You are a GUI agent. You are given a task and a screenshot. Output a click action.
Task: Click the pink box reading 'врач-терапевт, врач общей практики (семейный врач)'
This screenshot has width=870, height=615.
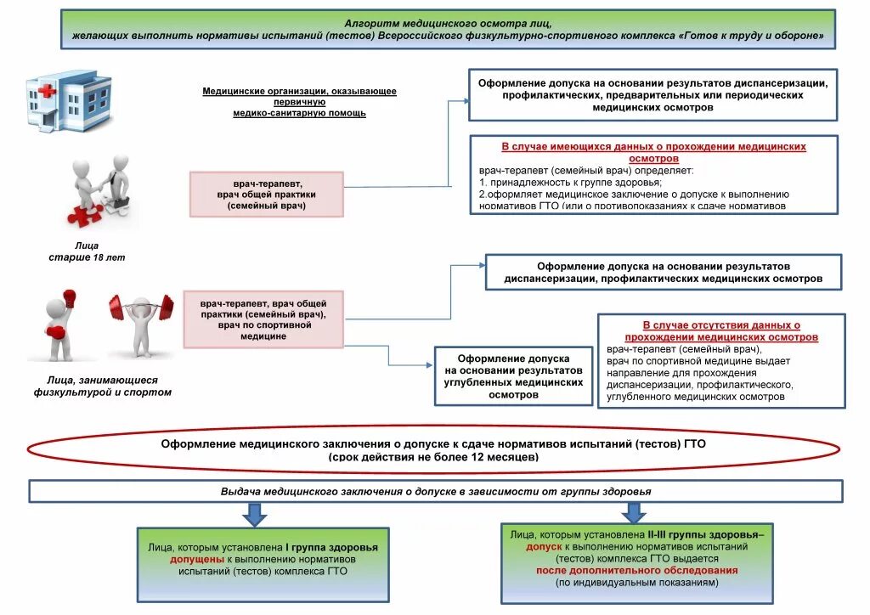266,195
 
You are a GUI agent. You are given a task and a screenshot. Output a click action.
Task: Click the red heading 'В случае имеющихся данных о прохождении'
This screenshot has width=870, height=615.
653,152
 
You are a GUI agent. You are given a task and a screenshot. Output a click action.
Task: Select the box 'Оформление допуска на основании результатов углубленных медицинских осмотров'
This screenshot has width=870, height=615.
513,376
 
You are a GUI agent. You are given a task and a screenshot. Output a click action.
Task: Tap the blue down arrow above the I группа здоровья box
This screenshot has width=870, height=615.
254,514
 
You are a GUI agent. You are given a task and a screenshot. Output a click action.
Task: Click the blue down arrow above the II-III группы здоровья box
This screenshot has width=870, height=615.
633,512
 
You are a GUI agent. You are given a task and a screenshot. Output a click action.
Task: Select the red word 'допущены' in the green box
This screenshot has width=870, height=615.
198,560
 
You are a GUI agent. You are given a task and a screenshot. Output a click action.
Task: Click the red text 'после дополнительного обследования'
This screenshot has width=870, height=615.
636,571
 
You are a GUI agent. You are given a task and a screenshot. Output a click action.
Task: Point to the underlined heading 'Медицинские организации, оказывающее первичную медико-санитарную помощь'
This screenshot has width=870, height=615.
299,102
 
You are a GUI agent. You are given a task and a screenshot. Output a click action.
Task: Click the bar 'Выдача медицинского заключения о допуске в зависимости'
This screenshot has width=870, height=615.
436,492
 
